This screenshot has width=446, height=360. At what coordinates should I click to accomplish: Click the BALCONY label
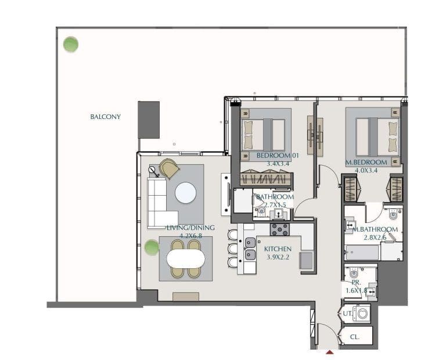tap(105, 117)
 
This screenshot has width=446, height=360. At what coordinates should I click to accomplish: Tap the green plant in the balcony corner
tap(71, 44)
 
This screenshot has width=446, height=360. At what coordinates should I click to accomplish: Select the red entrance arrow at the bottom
tap(330, 352)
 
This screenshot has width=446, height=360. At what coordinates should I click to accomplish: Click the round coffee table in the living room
tap(186, 193)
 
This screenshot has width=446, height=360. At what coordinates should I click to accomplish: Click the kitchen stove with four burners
tap(280, 229)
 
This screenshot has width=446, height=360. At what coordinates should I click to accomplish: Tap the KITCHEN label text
tap(278, 249)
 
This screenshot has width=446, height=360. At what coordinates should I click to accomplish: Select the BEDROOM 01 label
tap(273, 156)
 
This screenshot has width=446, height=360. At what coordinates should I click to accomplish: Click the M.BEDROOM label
tap(366, 162)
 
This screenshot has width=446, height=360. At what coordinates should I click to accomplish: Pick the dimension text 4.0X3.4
tap(366, 170)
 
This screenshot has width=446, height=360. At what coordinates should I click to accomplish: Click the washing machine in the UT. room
tap(362, 314)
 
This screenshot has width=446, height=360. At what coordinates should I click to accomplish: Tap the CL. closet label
tap(354, 336)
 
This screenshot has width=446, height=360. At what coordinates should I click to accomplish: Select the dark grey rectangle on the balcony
tap(149, 120)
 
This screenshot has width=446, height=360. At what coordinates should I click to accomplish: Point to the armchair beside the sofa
tap(169, 168)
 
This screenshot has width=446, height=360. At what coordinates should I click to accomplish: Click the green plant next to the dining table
tap(152, 248)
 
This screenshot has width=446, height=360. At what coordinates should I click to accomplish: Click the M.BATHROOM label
tap(376, 229)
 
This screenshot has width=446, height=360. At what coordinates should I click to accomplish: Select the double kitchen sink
tap(250, 249)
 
